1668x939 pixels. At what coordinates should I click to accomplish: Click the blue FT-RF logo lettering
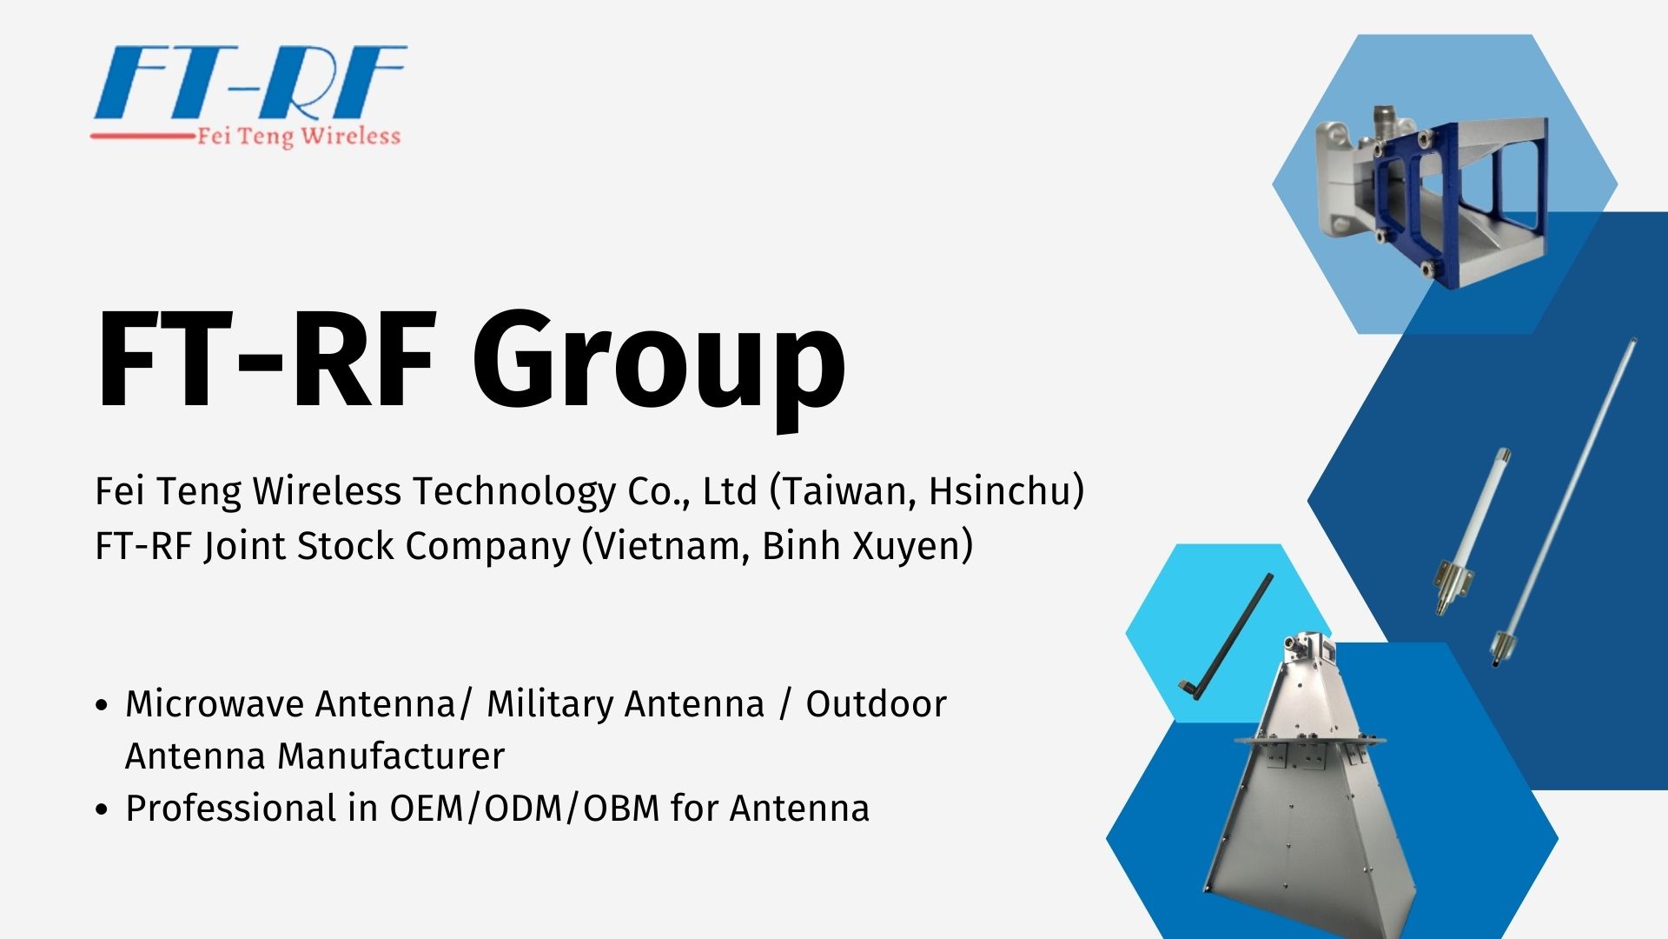click(x=250, y=83)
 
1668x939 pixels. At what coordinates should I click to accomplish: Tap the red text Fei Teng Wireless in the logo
click(x=299, y=137)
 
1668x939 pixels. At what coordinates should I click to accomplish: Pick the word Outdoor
click(x=876, y=704)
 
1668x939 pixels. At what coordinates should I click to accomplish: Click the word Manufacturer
click(x=390, y=756)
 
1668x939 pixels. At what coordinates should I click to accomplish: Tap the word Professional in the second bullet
click(x=231, y=809)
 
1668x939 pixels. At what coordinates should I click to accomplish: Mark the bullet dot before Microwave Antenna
click(x=102, y=705)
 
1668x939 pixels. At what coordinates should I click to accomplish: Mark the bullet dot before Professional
click(x=102, y=809)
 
